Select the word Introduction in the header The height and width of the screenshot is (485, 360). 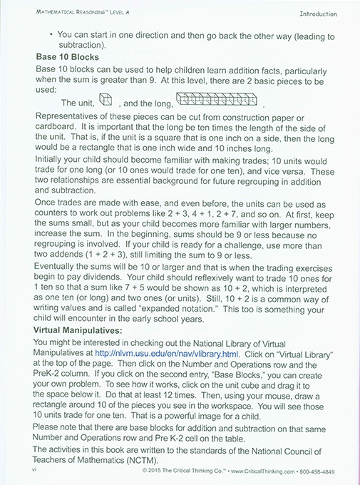(x=322, y=14)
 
